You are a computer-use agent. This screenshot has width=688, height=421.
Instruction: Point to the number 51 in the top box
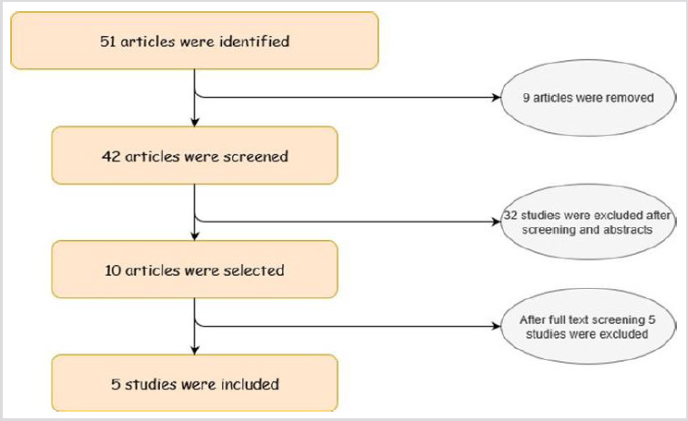click(108, 42)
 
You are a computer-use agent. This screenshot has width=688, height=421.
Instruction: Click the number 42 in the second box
click(111, 156)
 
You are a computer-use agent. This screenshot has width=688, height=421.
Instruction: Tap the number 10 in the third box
click(113, 271)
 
